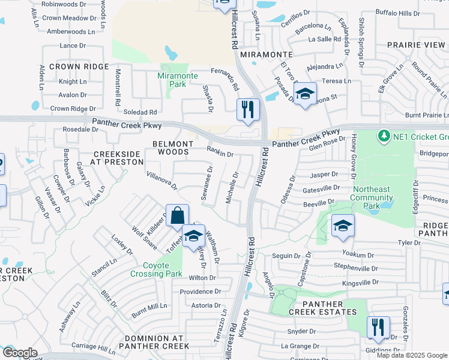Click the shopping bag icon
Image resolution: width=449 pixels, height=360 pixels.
coord(178,215)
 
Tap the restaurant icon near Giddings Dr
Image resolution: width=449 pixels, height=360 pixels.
coord(378,328)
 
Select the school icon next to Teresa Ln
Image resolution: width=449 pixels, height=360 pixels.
coord(305,94)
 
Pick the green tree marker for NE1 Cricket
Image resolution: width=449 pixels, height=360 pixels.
coord(384,136)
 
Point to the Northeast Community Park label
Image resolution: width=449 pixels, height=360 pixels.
coord(372,197)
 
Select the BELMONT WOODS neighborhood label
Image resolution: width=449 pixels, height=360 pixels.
coord(173,148)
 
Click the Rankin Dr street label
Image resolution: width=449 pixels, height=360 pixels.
coord(220,152)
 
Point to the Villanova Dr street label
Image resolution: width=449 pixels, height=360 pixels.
coord(161,179)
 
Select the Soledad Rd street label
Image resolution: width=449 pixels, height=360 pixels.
coord(140,112)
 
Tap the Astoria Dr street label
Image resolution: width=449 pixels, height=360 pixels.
coord(205,305)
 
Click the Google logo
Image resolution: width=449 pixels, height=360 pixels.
coord(19,353)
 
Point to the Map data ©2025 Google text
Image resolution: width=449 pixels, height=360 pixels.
coord(411,355)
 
